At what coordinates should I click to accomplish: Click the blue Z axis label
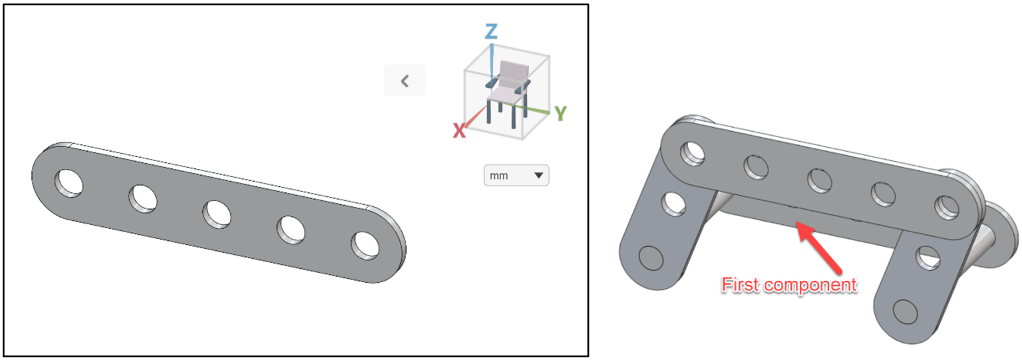tap(491, 31)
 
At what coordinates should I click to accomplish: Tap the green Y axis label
tap(560, 114)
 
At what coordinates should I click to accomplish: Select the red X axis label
tap(458, 131)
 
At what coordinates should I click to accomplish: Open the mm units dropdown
tap(516, 176)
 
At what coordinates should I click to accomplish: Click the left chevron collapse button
tap(405, 81)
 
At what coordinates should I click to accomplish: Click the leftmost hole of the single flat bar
tap(69, 182)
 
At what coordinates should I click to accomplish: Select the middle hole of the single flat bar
tap(217, 214)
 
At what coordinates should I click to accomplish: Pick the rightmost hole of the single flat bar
tap(365, 244)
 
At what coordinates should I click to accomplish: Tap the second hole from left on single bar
tap(143, 198)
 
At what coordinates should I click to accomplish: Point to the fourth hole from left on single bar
tap(291, 229)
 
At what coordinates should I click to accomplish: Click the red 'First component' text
tap(789, 285)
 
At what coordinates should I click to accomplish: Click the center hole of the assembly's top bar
tap(819, 180)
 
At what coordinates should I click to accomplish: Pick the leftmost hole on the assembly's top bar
tap(693, 153)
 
